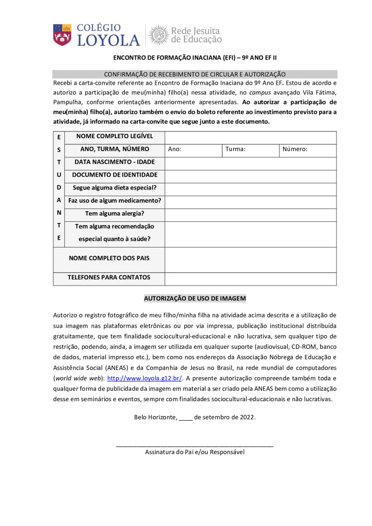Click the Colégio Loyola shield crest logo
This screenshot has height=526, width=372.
click(x=62, y=34)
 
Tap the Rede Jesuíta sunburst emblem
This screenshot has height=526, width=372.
click(x=159, y=35)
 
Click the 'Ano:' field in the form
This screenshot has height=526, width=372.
click(x=193, y=149)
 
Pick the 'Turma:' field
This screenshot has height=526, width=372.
click(x=250, y=149)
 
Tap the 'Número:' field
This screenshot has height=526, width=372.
click(x=308, y=149)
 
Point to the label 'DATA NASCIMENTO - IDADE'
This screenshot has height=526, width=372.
click(x=115, y=162)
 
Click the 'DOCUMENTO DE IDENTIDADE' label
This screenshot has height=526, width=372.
click(x=115, y=175)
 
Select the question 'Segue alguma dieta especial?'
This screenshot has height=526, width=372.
click(x=115, y=188)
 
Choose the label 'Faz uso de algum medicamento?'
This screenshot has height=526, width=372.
click(x=115, y=201)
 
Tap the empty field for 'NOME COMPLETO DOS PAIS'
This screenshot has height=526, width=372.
click(x=250, y=259)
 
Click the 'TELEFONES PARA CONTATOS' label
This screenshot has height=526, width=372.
click(x=109, y=278)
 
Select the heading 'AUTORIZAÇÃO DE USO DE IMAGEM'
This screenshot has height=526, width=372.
click(x=195, y=298)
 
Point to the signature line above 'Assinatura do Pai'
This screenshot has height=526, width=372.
click(x=195, y=445)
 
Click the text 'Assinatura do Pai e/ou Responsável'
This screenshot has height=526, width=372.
click(x=195, y=453)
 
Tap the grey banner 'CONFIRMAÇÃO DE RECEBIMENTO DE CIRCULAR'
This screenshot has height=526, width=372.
click(x=195, y=74)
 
